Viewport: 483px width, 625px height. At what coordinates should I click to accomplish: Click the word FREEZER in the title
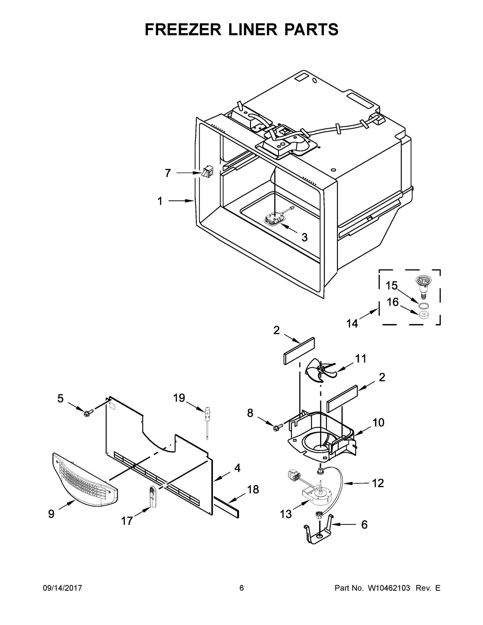pyautogui.click(x=183, y=29)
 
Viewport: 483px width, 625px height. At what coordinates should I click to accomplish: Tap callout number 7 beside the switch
pyautogui.click(x=168, y=173)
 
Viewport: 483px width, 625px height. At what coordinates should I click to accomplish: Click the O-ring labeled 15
pyautogui.click(x=424, y=306)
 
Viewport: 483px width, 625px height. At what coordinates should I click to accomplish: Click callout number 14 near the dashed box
pyautogui.click(x=352, y=324)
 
